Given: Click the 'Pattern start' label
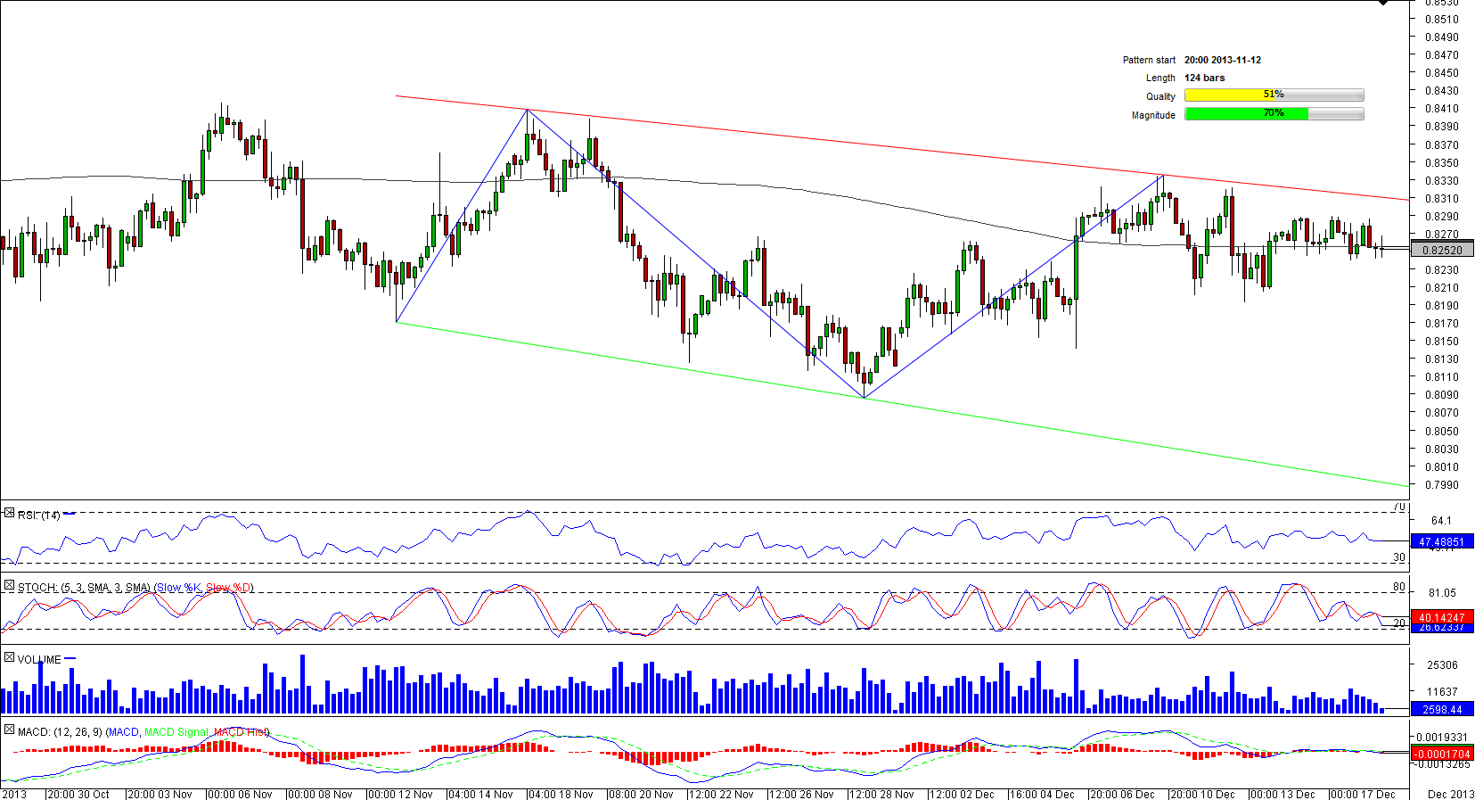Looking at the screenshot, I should click(x=1149, y=60).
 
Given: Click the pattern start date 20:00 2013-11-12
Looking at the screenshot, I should click(x=1222, y=60).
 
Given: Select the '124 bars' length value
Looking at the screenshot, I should click(x=1204, y=78).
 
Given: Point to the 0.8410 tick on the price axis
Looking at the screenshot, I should click(x=1441, y=109).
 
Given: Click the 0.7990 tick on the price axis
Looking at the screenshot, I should click(x=1441, y=485).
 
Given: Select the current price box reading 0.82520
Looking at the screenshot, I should click(x=1442, y=251).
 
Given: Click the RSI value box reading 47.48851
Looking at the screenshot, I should click(x=1441, y=541).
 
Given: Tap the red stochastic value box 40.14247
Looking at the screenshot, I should click(x=1441, y=617).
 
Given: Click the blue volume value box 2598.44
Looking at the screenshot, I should click(x=1441, y=710).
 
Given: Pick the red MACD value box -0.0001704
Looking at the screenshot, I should click(x=1441, y=754).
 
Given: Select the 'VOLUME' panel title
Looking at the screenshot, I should click(x=39, y=660).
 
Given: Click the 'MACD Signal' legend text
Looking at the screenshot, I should click(x=176, y=732).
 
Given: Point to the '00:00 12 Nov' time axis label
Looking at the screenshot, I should click(x=400, y=794).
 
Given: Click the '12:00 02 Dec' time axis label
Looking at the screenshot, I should click(x=962, y=794).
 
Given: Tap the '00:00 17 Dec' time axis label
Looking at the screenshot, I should click(x=1363, y=794).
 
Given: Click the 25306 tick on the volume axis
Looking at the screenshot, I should click(x=1442, y=665).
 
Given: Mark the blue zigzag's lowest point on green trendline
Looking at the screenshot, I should click(x=864, y=398).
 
